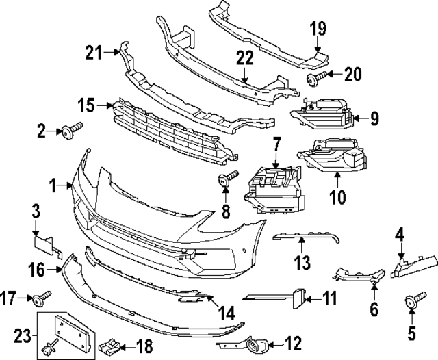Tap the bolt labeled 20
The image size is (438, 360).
(x=312, y=80)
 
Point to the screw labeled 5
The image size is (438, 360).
(x=412, y=300)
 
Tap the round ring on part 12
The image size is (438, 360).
(x=261, y=346)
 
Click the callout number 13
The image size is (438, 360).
(x=302, y=261)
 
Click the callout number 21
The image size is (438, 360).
(x=94, y=51)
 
